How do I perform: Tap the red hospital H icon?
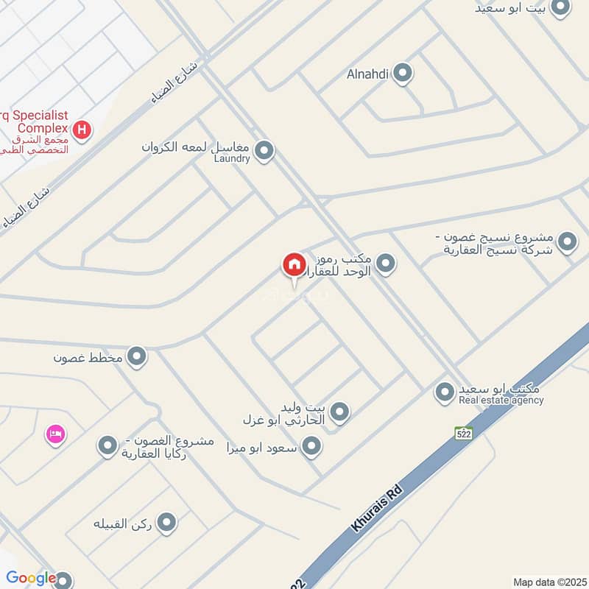pos(83,130)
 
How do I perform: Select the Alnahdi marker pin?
pos(402,73)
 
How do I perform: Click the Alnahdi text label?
pos(367,74)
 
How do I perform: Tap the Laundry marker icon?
pos(264,151)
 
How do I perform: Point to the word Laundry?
pos(232,158)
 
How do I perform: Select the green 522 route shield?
pos(462,433)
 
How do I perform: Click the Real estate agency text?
pos(501,401)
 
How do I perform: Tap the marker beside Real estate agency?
pos(444,392)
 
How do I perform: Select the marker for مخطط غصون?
pos(136,357)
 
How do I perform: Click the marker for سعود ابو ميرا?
pos(312,445)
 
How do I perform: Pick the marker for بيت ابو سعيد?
pos(560,8)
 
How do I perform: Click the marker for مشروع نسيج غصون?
pos(567,241)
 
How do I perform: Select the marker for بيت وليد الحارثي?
pos(339,412)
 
